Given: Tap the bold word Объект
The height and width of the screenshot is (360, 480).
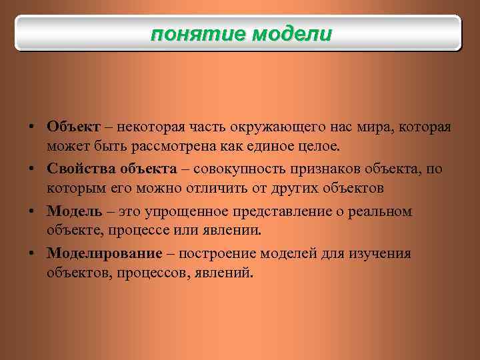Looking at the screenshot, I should (x=73, y=127).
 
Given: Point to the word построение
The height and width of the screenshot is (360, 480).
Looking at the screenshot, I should (x=219, y=254).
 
